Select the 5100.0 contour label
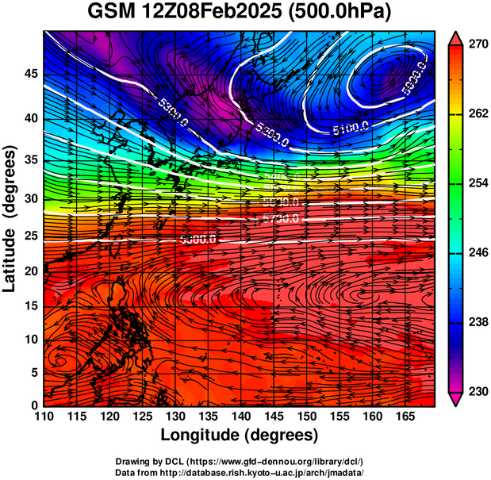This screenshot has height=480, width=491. (x=351, y=126)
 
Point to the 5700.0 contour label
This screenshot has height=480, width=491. (x=280, y=217)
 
